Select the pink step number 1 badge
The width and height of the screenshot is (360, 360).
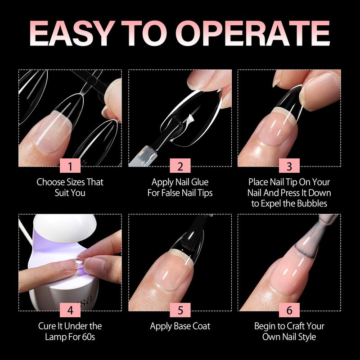(70, 166)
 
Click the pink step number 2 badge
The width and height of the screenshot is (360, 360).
(180, 166)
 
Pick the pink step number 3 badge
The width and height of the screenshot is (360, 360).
(289, 166)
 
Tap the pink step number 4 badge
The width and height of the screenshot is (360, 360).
(70, 310)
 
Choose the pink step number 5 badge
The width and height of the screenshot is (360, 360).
(180, 310)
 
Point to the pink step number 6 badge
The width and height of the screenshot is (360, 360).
(289, 310)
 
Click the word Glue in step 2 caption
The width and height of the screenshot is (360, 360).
(200, 182)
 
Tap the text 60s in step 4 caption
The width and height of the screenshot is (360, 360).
(88, 337)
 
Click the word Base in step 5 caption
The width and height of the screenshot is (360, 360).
(183, 326)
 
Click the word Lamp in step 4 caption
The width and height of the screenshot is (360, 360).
(54, 337)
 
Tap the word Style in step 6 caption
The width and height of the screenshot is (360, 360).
(307, 337)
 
